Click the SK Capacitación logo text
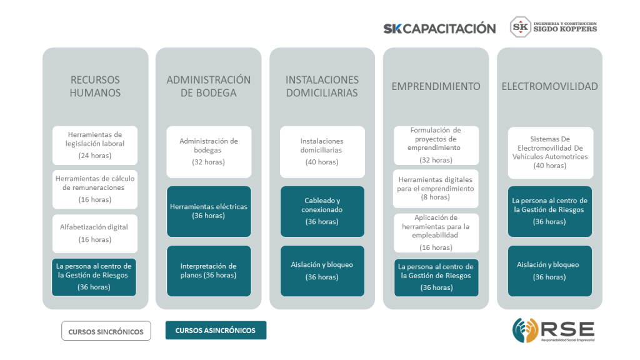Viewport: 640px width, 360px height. pyautogui.click(x=439, y=28)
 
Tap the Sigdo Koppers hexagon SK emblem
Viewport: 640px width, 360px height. pyautogui.click(x=521, y=27)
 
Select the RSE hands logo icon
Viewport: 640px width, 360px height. pyautogui.click(x=525, y=330)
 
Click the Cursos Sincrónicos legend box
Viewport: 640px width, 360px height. pyautogui.click(x=106, y=331)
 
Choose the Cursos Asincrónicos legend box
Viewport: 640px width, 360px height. pyautogui.click(x=216, y=330)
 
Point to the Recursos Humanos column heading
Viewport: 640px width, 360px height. pyautogui.click(x=95, y=86)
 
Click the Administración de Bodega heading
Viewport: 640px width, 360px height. pyautogui.click(x=209, y=86)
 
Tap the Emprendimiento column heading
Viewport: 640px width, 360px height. pyautogui.click(x=436, y=86)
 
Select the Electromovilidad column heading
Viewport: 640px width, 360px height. pyautogui.click(x=550, y=86)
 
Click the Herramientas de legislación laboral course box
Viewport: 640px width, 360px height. pyautogui.click(x=95, y=145)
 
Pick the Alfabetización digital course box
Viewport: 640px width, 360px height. pyautogui.click(x=95, y=234)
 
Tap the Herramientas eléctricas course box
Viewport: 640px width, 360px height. pyautogui.click(x=209, y=211)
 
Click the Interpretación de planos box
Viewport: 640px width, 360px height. pyautogui.click(x=209, y=271)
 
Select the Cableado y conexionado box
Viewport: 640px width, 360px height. pyautogui.click(x=322, y=211)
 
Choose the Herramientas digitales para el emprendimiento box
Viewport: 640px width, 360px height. pyautogui.click(x=436, y=189)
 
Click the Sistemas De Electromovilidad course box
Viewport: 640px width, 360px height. pyautogui.click(x=551, y=152)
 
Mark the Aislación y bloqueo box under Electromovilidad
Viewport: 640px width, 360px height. pyautogui.click(x=550, y=271)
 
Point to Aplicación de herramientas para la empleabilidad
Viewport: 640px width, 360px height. pyautogui.click(x=436, y=232)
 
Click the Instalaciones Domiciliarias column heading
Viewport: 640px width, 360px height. pyautogui.click(x=322, y=86)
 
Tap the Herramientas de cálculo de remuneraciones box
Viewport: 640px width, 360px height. pyautogui.click(x=95, y=189)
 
